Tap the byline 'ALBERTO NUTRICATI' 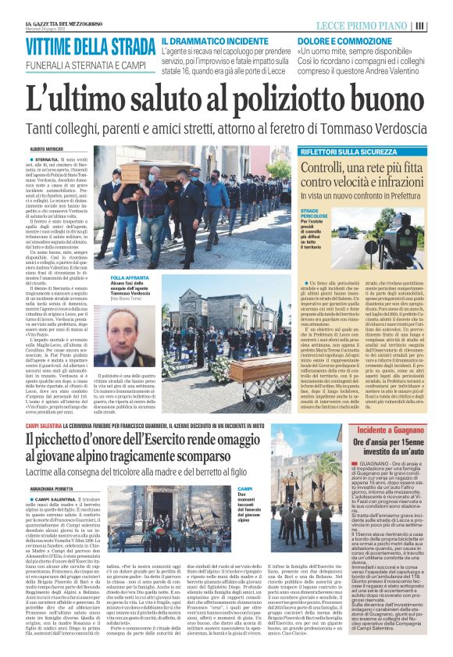tap(48, 148)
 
